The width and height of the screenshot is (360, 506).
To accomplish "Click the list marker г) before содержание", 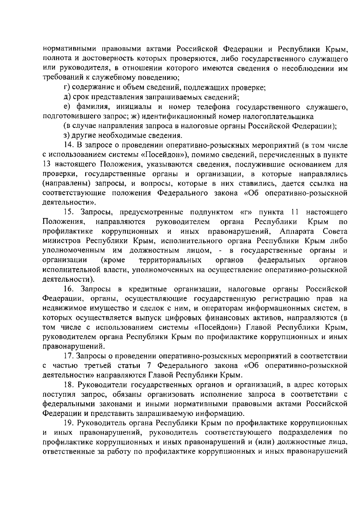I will click(66, 88).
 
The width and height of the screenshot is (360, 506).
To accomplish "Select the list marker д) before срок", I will click(67, 97).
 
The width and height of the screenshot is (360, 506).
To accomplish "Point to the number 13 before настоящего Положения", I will click(46, 165).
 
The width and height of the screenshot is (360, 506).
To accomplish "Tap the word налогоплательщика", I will click(284, 116).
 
